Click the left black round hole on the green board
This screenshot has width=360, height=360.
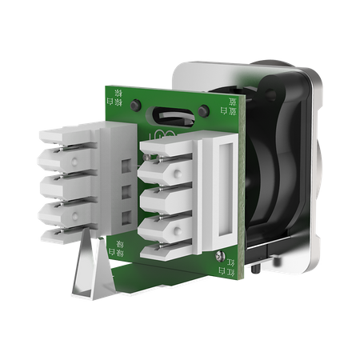pos(141,105)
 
